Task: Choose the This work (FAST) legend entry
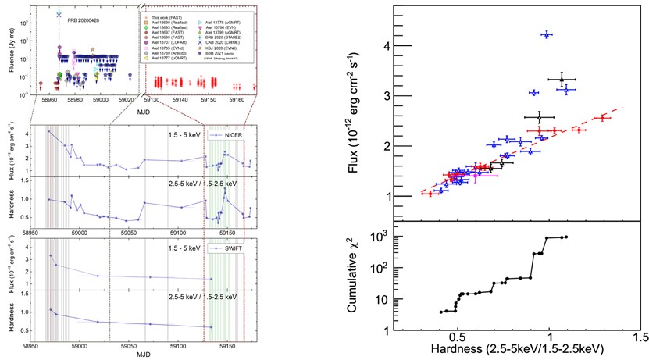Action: [164, 15]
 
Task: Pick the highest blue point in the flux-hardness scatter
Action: [546, 34]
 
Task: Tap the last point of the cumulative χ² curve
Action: [565, 237]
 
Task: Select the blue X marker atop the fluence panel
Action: [59, 14]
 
